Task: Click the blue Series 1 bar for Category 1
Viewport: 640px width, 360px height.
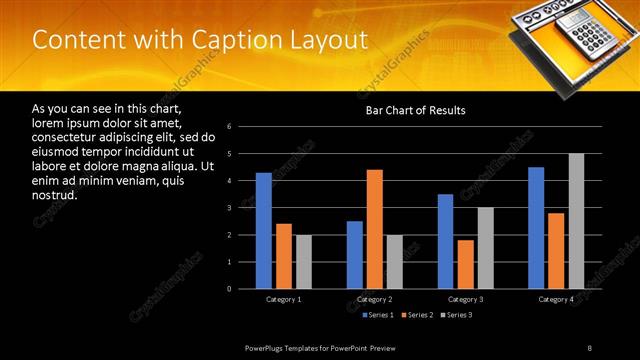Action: [x=263, y=231]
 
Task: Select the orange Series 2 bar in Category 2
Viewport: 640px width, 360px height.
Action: [x=374, y=229]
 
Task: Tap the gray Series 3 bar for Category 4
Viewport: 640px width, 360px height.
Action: [x=577, y=221]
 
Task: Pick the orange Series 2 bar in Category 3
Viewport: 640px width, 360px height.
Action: [x=466, y=264]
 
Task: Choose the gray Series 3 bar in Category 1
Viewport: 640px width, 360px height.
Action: [x=303, y=262]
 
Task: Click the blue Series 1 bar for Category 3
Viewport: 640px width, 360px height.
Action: [x=445, y=241]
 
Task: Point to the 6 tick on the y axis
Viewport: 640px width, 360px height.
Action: [x=229, y=127]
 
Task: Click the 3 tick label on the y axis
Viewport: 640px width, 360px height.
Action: [x=229, y=208]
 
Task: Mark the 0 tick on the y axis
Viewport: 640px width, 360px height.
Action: [x=229, y=289]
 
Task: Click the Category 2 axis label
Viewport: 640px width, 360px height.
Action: [x=375, y=300]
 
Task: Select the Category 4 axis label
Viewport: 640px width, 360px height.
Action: [x=556, y=300]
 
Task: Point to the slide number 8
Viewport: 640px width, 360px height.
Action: [x=590, y=347]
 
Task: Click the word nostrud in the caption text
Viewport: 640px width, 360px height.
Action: [x=54, y=195]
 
